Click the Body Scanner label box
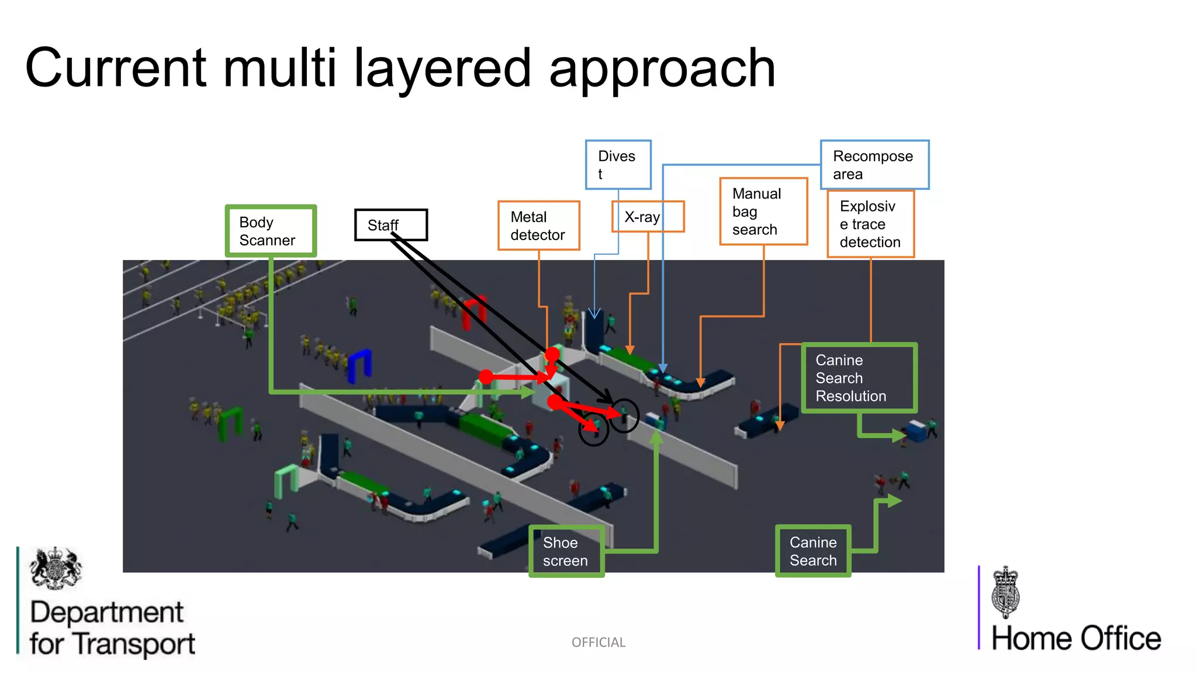pyautogui.click(x=271, y=231)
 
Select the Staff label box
pyautogui.click(x=391, y=225)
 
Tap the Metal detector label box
pyautogui.click(x=538, y=226)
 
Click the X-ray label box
pyautogui.click(x=648, y=217)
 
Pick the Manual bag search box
pyautogui.click(x=763, y=211)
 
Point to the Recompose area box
pyautogui.click(x=874, y=165)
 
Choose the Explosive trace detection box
pyautogui.click(x=870, y=224)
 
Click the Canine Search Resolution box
pyautogui.click(x=859, y=378)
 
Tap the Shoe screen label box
pyautogui.click(x=566, y=551)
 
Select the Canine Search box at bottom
pyautogui.click(x=813, y=551)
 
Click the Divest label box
pyautogui.click(x=618, y=165)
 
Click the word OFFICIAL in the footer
pyautogui.click(x=598, y=643)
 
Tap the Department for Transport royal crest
pyautogui.click(x=56, y=568)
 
